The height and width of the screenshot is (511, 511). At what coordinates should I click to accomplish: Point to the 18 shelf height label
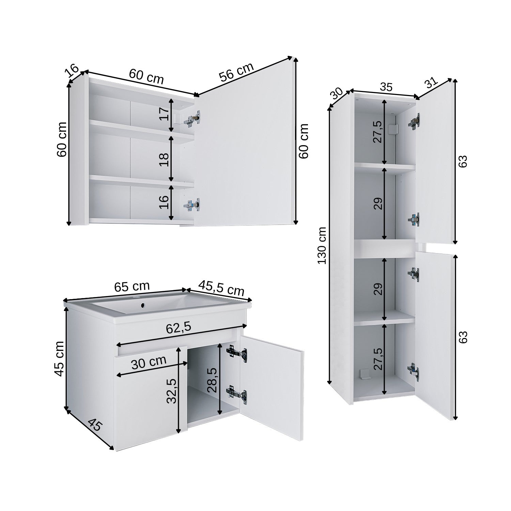(165, 159)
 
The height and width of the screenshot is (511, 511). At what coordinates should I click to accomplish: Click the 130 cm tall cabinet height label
(322, 245)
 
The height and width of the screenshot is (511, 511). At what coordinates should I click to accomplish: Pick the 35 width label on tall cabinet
(386, 87)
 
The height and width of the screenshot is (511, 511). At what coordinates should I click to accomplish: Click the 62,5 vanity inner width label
(178, 328)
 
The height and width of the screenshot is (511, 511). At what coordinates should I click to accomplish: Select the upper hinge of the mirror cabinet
(192, 118)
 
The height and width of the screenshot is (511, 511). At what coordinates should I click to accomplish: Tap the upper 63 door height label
(462, 161)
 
